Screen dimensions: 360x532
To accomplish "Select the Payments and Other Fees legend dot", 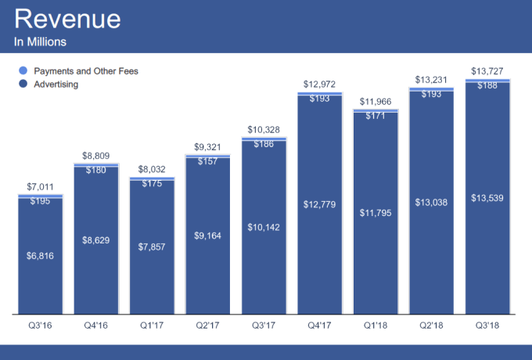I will coord(22,71).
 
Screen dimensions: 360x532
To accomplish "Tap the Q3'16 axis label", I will coord(40,322).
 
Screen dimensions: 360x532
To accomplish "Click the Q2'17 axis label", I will coord(207,322).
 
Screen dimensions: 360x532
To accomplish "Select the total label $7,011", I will coord(40,188).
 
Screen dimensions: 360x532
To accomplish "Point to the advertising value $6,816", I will coord(40,255).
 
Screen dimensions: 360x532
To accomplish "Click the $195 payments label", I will coord(40,202).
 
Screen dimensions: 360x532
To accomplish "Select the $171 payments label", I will coord(375,116).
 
